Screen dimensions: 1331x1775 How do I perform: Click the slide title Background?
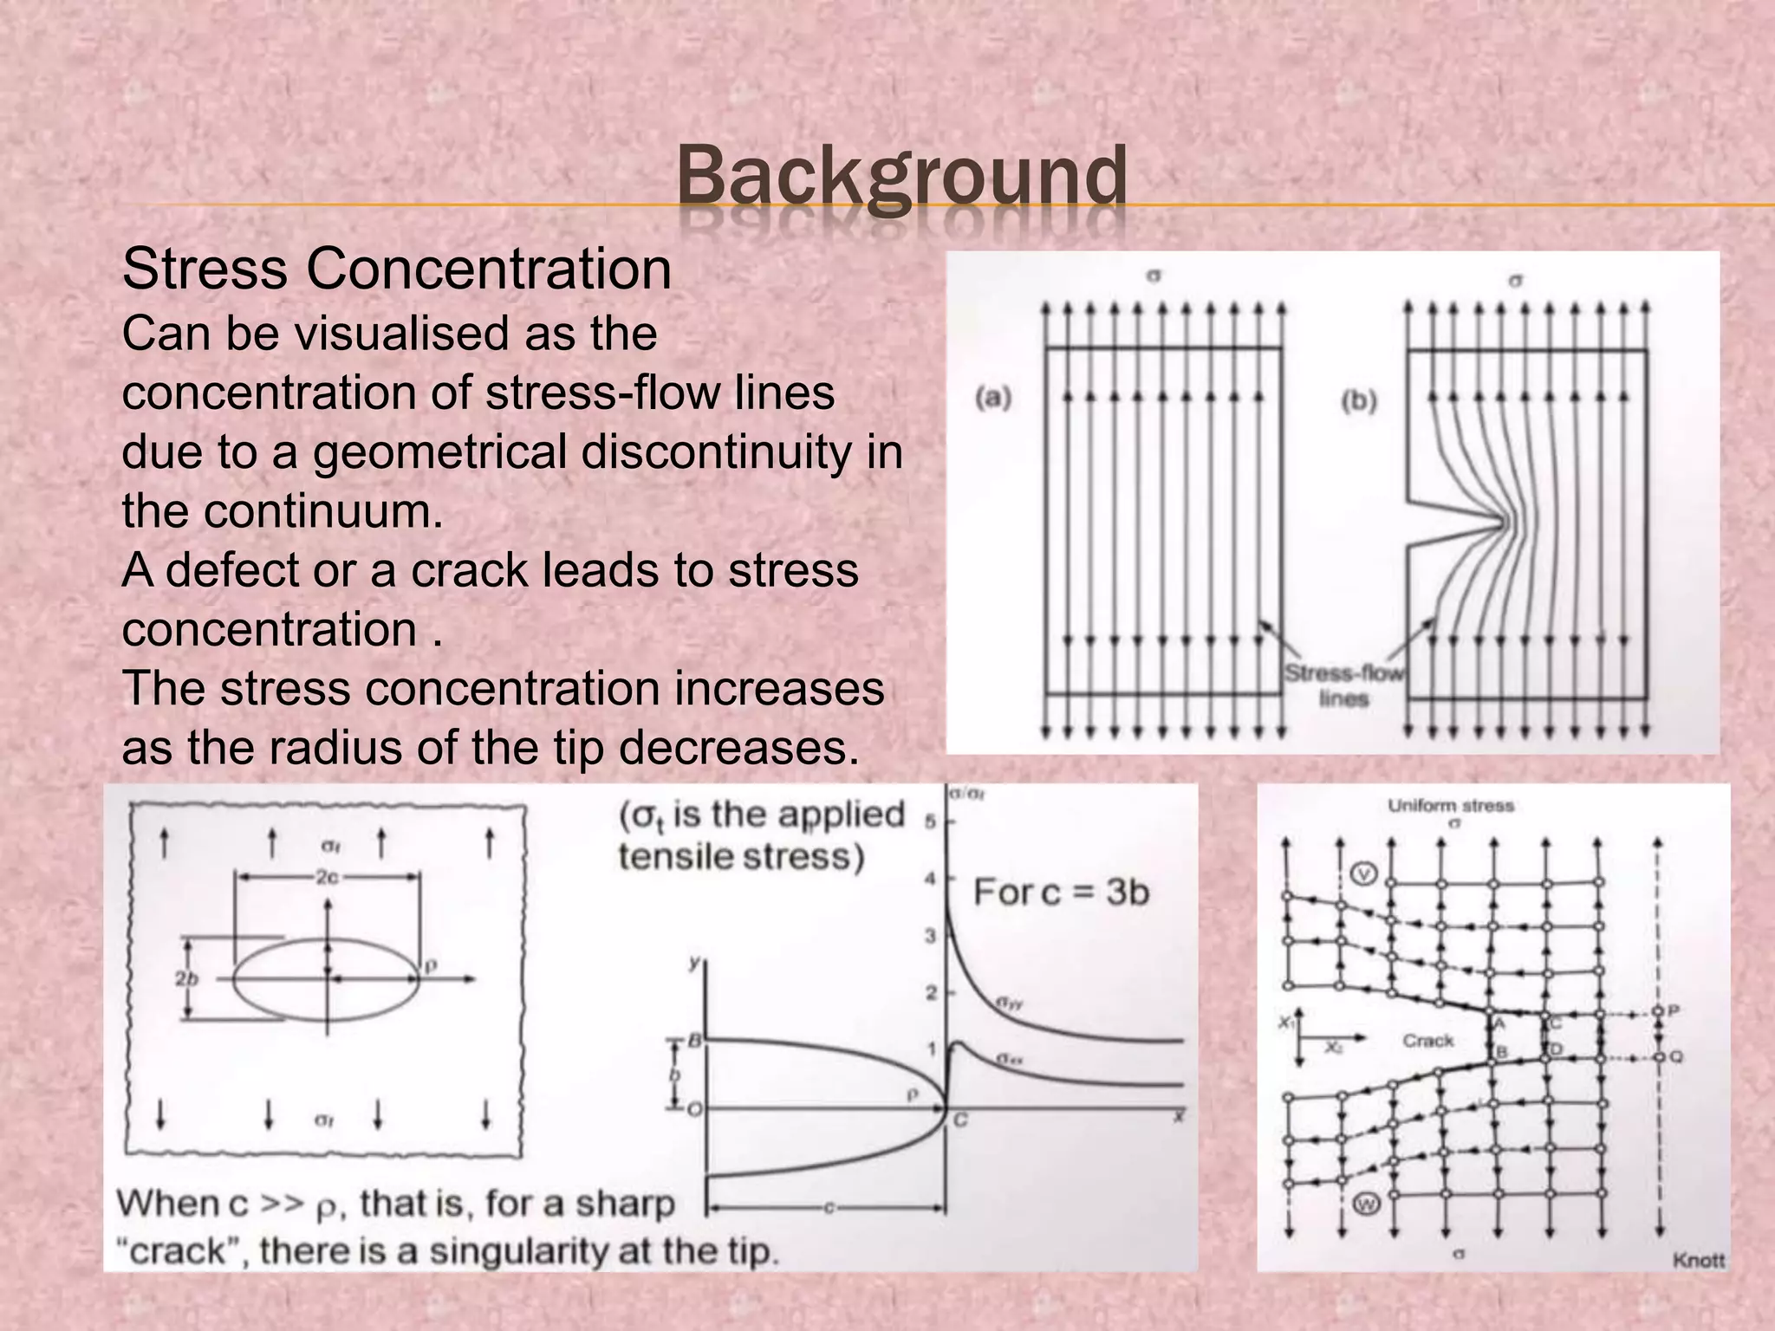(901, 177)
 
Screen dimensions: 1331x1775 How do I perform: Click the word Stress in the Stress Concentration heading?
(205, 269)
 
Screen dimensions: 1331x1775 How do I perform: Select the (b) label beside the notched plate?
(1358, 400)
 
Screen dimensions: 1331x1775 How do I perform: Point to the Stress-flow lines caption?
(1343, 685)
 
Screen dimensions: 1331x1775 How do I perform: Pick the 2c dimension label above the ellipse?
(326, 877)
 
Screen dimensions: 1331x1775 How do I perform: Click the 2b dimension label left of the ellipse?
(186, 978)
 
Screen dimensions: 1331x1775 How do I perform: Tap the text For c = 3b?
(1061, 892)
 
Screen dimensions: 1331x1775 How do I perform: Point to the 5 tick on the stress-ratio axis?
(930, 821)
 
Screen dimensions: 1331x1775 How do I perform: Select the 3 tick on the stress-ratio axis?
(930, 936)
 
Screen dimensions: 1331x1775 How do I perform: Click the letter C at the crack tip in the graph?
(960, 1120)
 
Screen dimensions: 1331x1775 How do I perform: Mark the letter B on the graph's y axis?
(693, 1041)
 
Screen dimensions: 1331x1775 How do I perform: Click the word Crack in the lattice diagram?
(1427, 1040)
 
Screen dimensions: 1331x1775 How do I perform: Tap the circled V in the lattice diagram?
(1363, 873)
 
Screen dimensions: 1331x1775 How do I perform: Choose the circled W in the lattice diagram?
(1366, 1204)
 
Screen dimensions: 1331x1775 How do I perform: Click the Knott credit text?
(1698, 1260)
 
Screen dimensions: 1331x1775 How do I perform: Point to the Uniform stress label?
(1450, 806)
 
